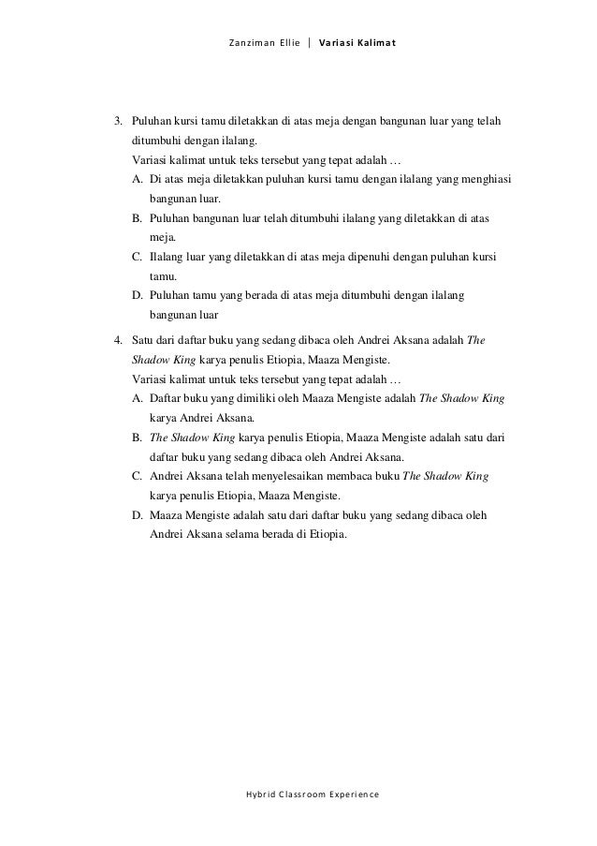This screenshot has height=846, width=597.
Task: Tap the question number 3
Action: [118, 121]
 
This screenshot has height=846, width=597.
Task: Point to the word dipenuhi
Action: [358, 257]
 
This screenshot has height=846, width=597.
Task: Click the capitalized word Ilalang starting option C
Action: [167, 257]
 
